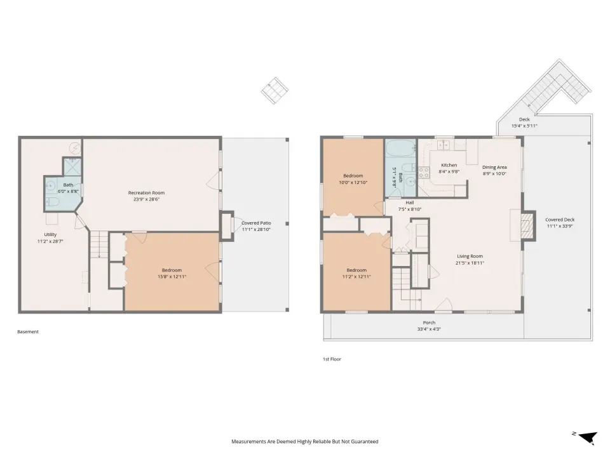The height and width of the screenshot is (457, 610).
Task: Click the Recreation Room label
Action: coord(146,193)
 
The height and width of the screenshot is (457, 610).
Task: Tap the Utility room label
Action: coord(50,235)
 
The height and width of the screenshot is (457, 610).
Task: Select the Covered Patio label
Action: coord(256,223)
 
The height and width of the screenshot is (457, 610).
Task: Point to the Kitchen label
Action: coord(449,165)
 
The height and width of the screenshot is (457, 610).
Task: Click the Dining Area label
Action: coord(494,168)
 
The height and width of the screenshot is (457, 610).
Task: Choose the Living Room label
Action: coord(470,256)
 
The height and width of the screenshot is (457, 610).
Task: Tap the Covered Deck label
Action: coord(560,220)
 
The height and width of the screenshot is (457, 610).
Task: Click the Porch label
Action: coord(429,322)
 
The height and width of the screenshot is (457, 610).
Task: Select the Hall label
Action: coord(410,203)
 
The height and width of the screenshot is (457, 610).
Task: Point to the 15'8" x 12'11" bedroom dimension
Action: coord(172,277)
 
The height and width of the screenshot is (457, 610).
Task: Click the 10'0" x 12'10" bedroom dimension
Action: coord(353,183)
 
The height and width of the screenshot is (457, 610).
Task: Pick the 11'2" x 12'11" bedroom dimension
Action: coord(356,277)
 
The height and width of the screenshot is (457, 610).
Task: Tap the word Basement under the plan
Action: coord(28,332)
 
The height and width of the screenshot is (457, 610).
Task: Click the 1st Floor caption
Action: coord(332,359)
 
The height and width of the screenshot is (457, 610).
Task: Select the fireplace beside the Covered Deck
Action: coord(527,225)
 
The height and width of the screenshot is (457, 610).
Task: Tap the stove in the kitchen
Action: coord(424,173)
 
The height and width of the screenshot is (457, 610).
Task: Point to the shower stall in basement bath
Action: coord(72,167)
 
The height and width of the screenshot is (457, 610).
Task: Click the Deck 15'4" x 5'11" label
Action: coord(524,123)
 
